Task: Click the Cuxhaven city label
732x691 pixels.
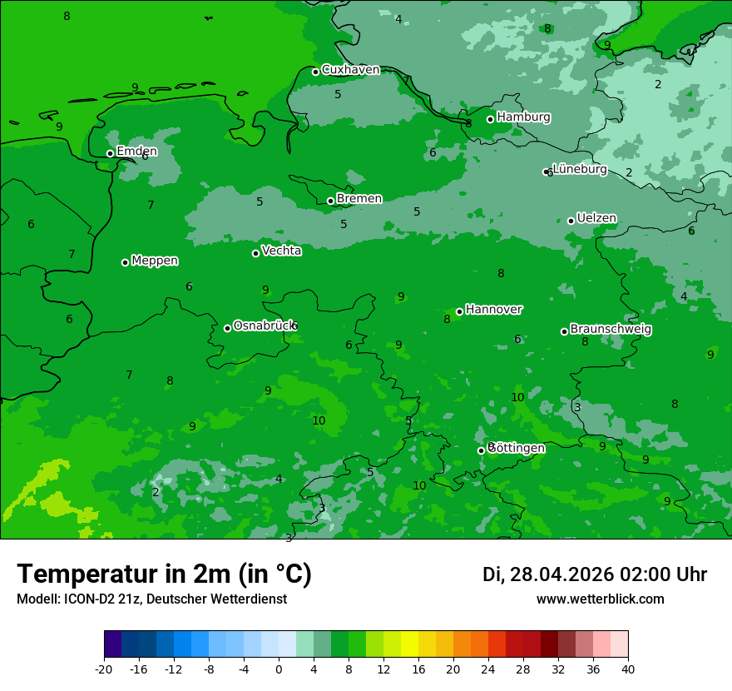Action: tap(350, 70)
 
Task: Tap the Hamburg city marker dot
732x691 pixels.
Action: tap(491, 119)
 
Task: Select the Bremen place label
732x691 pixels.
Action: tap(359, 199)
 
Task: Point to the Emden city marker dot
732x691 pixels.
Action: tap(110, 153)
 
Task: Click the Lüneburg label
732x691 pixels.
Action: tap(580, 170)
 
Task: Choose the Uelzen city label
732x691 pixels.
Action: tap(596, 219)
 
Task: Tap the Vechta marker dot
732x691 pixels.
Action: tap(255, 253)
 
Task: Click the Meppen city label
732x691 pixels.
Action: tap(155, 261)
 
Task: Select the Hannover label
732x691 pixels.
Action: tap(494, 310)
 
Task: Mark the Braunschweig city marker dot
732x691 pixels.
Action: tap(564, 331)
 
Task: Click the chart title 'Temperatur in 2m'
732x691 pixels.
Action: tap(165, 574)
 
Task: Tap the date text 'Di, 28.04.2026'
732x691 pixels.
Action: tap(547, 574)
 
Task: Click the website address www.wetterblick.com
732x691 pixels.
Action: tap(600, 599)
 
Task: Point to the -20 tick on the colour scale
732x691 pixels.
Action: tap(104, 669)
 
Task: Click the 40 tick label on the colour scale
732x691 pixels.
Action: tap(628, 669)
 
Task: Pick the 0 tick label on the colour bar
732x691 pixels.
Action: tap(279, 669)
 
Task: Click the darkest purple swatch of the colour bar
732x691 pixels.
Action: tap(113, 644)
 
